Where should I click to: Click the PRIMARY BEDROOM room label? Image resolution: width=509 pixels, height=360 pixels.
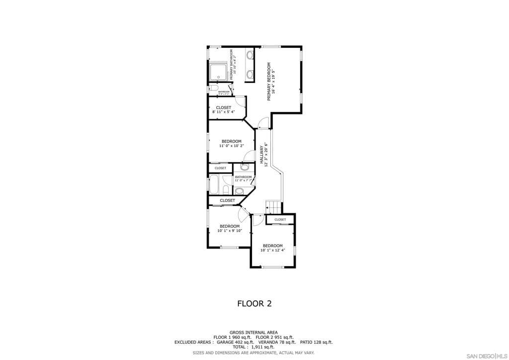pyautogui.click(x=269, y=82)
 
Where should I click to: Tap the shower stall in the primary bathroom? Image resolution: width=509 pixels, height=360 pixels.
pyautogui.click(x=218, y=72)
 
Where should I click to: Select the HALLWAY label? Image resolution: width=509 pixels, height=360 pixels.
pyautogui.click(x=261, y=155)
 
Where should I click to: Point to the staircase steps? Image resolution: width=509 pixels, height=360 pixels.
pyautogui.click(x=272, y=206)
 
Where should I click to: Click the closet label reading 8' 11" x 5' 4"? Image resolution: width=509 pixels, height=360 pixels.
pyautogui.click(x=223, y=112)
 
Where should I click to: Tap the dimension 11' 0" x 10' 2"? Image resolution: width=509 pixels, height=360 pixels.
pyautogui.click(x=232, y=146)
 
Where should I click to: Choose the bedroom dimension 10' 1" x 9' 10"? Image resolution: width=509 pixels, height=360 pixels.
pyautogui.click(x=230, y=231)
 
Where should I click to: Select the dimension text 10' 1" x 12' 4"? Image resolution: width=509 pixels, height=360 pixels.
pyautogui.click(x=272, y=250)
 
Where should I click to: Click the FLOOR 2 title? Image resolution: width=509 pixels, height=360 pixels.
pyautogui.click(x=254, y=303)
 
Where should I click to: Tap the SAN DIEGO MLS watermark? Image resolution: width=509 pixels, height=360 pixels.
pyautogui.click(x=485, y=356)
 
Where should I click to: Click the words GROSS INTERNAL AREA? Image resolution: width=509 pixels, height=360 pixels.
pyautogui.click(x=254, y=332)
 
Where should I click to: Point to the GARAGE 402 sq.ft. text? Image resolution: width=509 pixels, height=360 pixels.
pyautogui.click(x=235, y=342)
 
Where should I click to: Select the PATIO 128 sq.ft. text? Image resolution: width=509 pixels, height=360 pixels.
pyautogui.click(x=316, y=342)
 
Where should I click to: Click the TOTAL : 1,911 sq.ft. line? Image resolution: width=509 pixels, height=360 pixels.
pyautogui.click(x=254, y=347)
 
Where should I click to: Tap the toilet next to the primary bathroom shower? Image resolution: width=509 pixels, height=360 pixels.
pyautogui.click(x=214, y=89)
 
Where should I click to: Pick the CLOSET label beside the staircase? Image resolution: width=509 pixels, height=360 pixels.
pyautogui.click(x=280, y=219)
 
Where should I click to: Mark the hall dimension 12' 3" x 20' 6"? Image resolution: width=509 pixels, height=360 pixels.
pyautogui.click(x=266, y=155)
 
